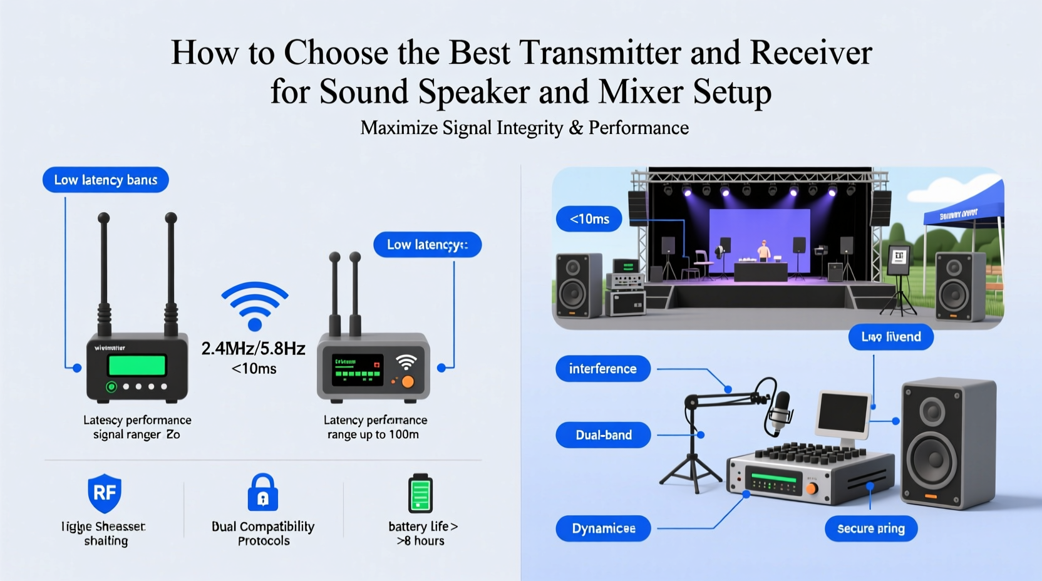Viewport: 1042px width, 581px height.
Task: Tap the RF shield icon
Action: click(104, 493)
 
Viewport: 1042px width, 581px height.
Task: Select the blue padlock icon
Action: click(263, 493)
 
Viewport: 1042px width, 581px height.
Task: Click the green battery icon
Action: click(420, 493)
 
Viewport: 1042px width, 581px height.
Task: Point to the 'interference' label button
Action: click(602, 369)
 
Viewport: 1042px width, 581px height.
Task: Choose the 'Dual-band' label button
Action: click(603, 435)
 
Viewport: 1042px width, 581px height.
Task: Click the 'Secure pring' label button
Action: click(870, 528)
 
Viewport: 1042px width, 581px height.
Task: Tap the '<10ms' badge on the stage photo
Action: click(589, 219)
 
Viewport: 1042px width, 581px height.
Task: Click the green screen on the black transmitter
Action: click(137, 365)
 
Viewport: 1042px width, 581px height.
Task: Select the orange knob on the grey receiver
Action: click(408, 381)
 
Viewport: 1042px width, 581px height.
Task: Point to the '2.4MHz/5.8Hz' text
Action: click(253, 349)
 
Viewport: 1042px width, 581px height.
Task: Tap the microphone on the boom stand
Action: click(780, 410)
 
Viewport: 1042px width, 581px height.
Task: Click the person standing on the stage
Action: click(763, 250)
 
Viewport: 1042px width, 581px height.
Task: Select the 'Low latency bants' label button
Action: click(105, 180)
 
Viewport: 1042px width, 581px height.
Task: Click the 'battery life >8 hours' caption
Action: click(421, 533)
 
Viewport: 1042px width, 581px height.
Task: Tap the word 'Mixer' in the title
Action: click(640, 92)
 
